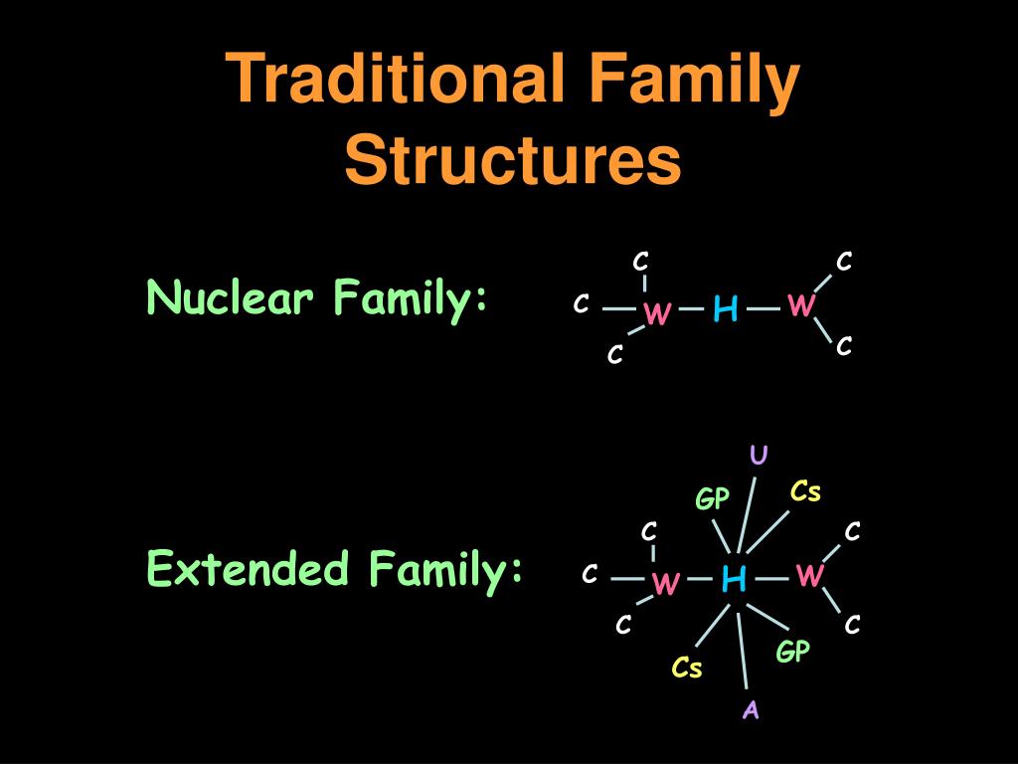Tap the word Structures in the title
513,161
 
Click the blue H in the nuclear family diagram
725,311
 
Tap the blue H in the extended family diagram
734,578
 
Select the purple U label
759,456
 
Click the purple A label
751,709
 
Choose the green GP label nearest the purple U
712,499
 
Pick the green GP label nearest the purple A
793,653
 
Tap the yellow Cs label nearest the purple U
805,491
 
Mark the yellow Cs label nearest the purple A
687,668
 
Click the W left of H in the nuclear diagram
656,313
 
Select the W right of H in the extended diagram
810,576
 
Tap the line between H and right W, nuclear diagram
763,308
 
